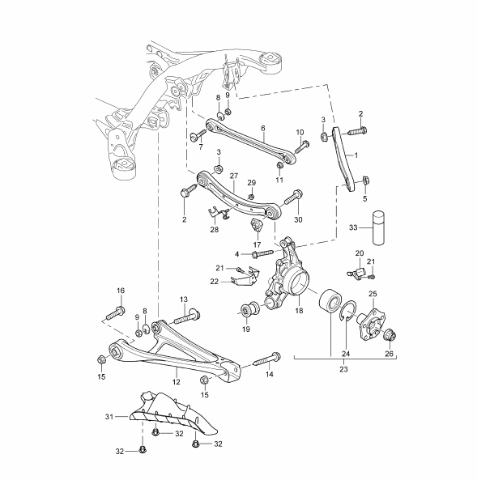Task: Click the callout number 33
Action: [353, 227]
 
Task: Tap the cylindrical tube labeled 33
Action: [378, 227]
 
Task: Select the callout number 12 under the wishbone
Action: [177, 382]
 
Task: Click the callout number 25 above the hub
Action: [373, 294]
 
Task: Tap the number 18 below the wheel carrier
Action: [299, 310]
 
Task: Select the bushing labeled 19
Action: [249, 310]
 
